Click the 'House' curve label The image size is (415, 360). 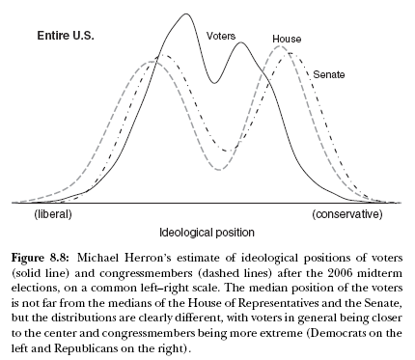[287, 40]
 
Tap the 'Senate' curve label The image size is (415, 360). [329, 73]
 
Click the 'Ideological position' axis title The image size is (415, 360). [207, 233]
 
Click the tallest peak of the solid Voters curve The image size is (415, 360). [186, 14]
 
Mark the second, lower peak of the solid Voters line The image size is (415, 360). [239, 42]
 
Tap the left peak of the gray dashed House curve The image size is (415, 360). [150, 62]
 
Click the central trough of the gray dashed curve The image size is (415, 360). [220, 170]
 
